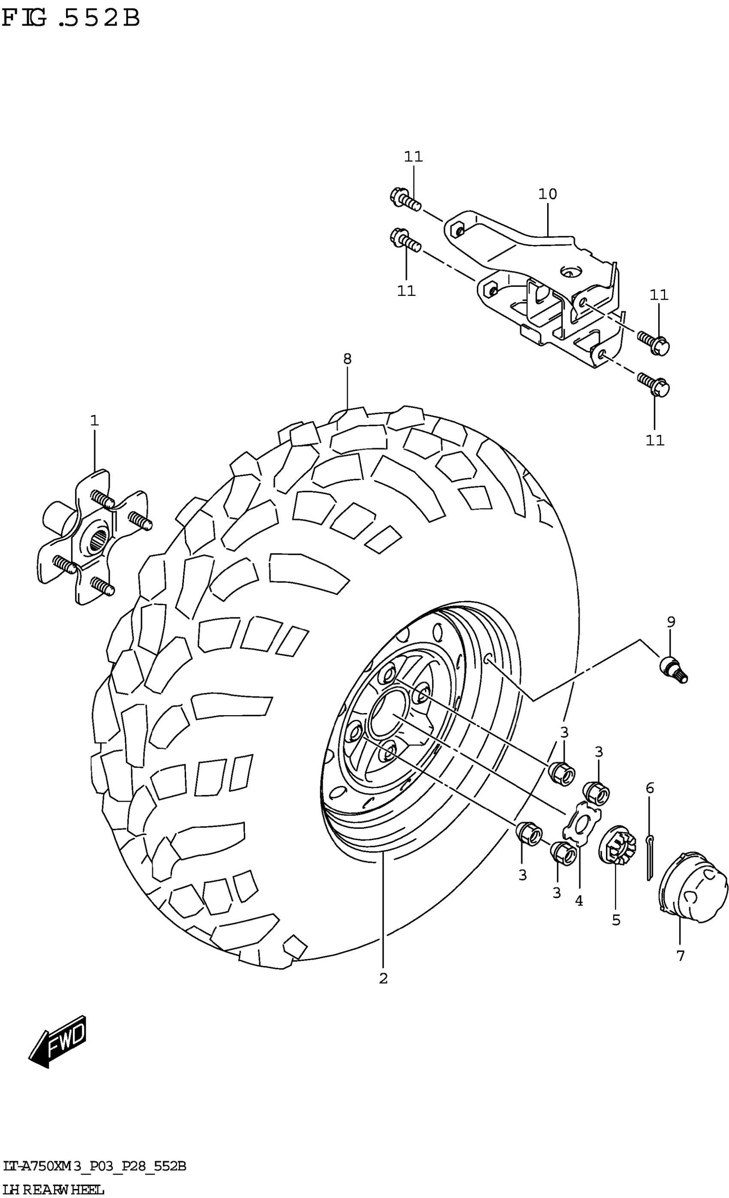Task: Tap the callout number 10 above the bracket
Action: coord(547,194)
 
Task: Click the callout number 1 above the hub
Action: coord(94,421)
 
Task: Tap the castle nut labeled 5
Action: coord(617,847)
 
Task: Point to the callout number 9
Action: coord(671,621)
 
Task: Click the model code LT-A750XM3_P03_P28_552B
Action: coord(94,1166)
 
